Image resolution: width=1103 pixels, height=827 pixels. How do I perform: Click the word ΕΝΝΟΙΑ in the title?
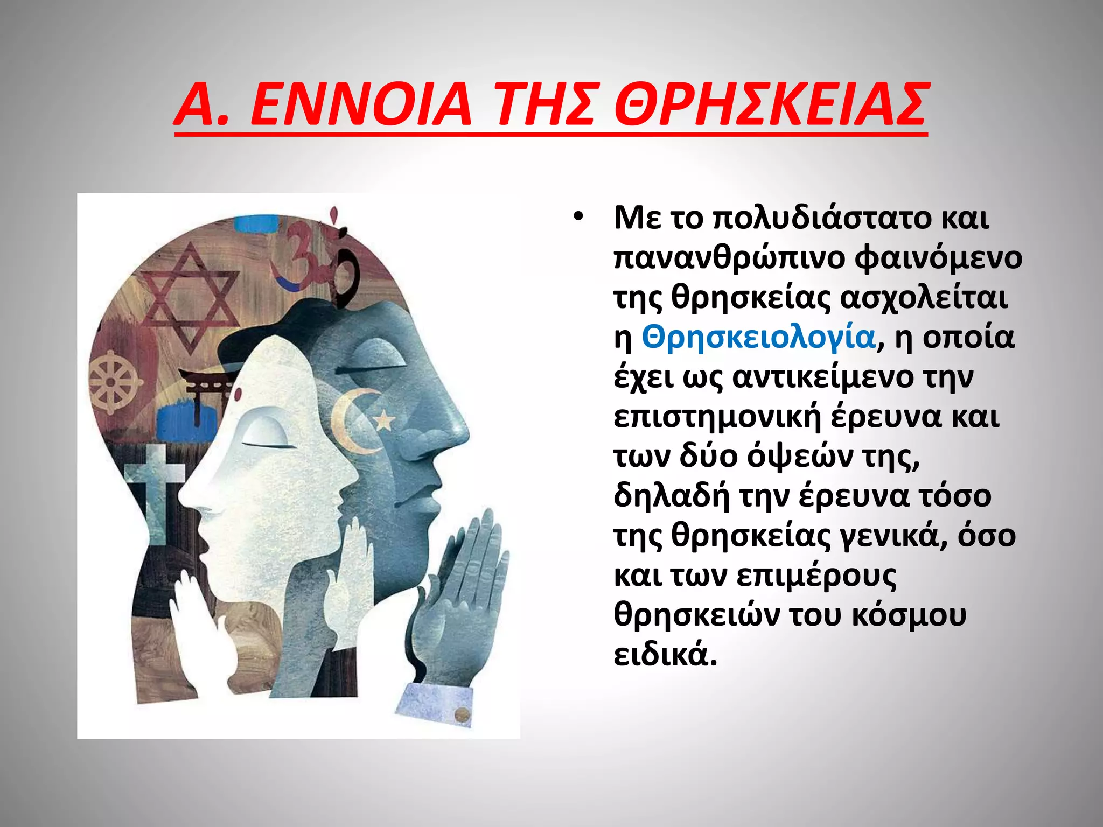pyautogui.click(x=361, y=105)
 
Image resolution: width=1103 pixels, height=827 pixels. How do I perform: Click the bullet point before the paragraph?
pyautogui.click(x=578, y=218)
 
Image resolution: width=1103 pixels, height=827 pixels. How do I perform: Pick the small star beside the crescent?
pyautogui.click(x=385, y=419)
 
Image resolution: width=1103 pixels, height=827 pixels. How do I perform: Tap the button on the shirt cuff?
pyautogui.click(x=462, y=714)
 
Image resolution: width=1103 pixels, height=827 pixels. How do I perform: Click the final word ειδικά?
pyautogui.click(x=666, y=655)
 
